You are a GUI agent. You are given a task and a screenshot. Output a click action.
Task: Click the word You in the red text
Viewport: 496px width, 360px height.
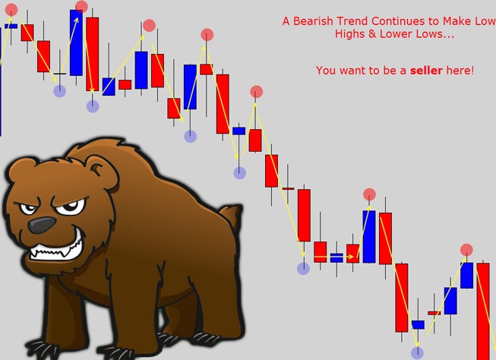point(325,70)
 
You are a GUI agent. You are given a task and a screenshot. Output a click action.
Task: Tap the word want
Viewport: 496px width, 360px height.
point(351,71)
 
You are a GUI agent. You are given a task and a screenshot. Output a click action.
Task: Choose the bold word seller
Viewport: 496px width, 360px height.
point(426,70)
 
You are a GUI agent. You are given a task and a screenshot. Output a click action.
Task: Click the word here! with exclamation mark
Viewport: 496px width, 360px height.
point(460,70)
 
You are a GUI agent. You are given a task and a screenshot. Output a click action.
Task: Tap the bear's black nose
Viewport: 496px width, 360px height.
point(41,225)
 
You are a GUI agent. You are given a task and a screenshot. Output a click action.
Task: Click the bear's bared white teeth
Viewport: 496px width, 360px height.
point(56,250)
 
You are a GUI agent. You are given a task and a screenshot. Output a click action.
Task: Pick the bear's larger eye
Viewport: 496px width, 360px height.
point(71,207)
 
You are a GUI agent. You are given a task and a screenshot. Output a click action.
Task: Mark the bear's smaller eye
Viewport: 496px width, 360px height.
point(28,209)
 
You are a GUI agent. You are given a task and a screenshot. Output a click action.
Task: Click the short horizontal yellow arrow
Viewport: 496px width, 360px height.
point(334,257)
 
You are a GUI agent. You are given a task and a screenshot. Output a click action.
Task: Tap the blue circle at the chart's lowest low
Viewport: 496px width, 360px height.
point(417,352)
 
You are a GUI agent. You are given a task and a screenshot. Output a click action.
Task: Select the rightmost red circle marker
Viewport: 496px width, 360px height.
point(466,250)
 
